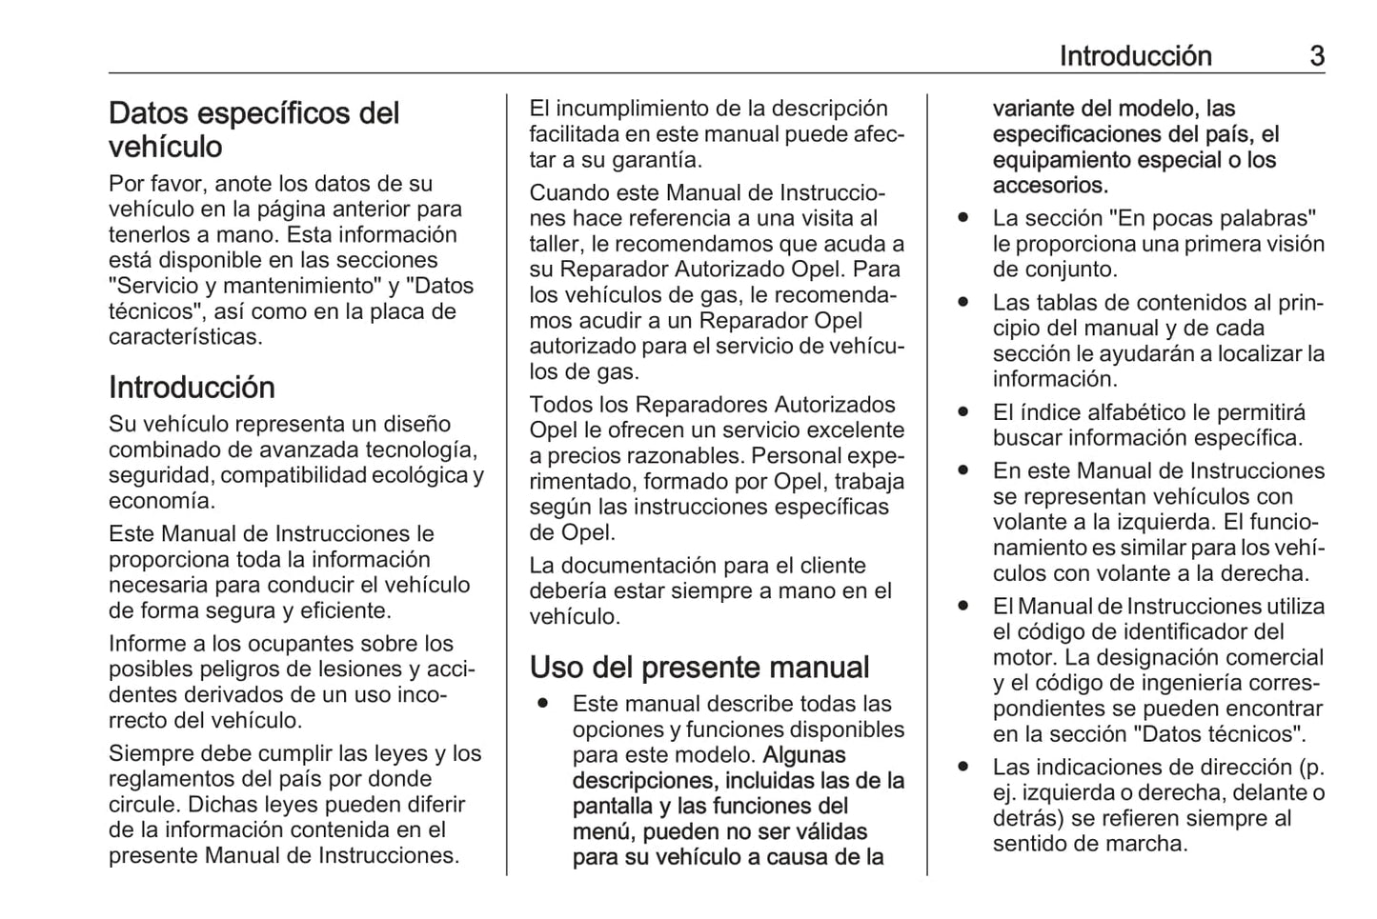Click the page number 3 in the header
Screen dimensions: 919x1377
[1316, 56]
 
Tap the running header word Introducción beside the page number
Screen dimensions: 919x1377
[1135, 56]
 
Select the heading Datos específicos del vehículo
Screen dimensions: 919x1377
[253, 130]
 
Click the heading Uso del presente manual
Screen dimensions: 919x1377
[699, 667]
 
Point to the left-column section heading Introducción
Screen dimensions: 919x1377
[192, 388]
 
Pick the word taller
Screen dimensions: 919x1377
[557, 245]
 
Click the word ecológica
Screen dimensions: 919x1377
[415, 475]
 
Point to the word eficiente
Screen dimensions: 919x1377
[344, 611]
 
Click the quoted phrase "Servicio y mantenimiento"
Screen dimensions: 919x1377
[242, 286]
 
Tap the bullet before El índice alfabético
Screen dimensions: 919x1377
[964, 412]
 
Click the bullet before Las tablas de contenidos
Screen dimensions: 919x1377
[964, 303]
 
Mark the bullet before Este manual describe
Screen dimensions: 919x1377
[542, 704]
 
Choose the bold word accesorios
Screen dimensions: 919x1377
[1049, 186]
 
